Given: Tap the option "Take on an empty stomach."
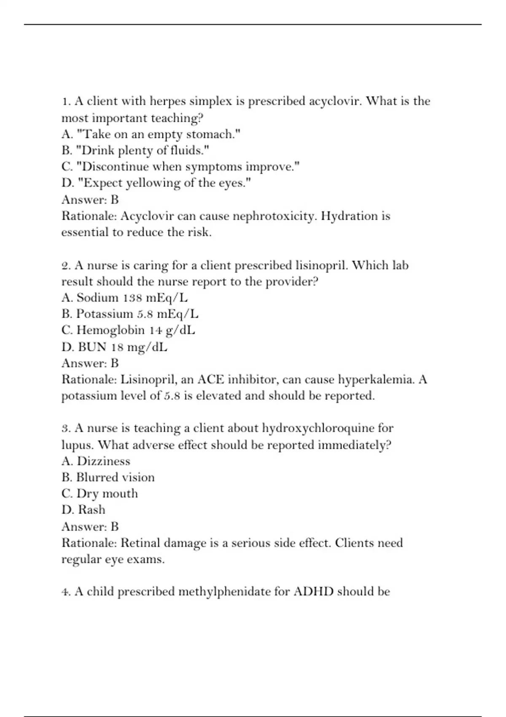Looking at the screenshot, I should pos(151,134).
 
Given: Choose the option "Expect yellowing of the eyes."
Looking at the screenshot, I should pos(156,183).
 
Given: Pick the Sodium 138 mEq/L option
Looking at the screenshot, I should pos(124,298).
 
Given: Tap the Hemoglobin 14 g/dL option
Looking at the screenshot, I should pos(128,330).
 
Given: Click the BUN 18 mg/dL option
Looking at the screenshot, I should pos(114,347).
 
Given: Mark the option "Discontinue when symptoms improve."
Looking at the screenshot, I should pos(180,167).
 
